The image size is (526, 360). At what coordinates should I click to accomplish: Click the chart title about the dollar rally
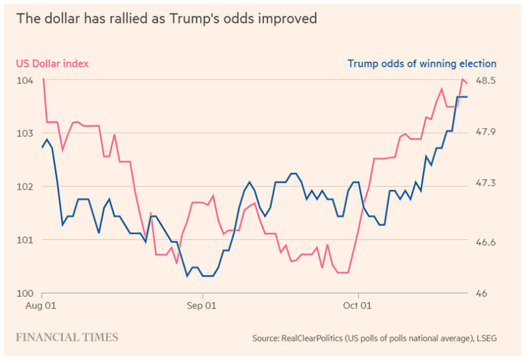tap(167, 18)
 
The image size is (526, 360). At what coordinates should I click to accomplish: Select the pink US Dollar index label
tap(52, 64)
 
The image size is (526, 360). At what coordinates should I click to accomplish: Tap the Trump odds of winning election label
tap(422, 64)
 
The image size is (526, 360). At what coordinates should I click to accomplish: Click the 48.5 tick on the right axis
tap(486, 80)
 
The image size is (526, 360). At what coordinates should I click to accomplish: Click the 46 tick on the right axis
tap(481, 292)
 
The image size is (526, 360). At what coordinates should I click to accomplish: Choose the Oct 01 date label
tap(358, 306)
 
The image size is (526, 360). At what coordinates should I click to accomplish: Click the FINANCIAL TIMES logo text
tap(67, 337)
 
